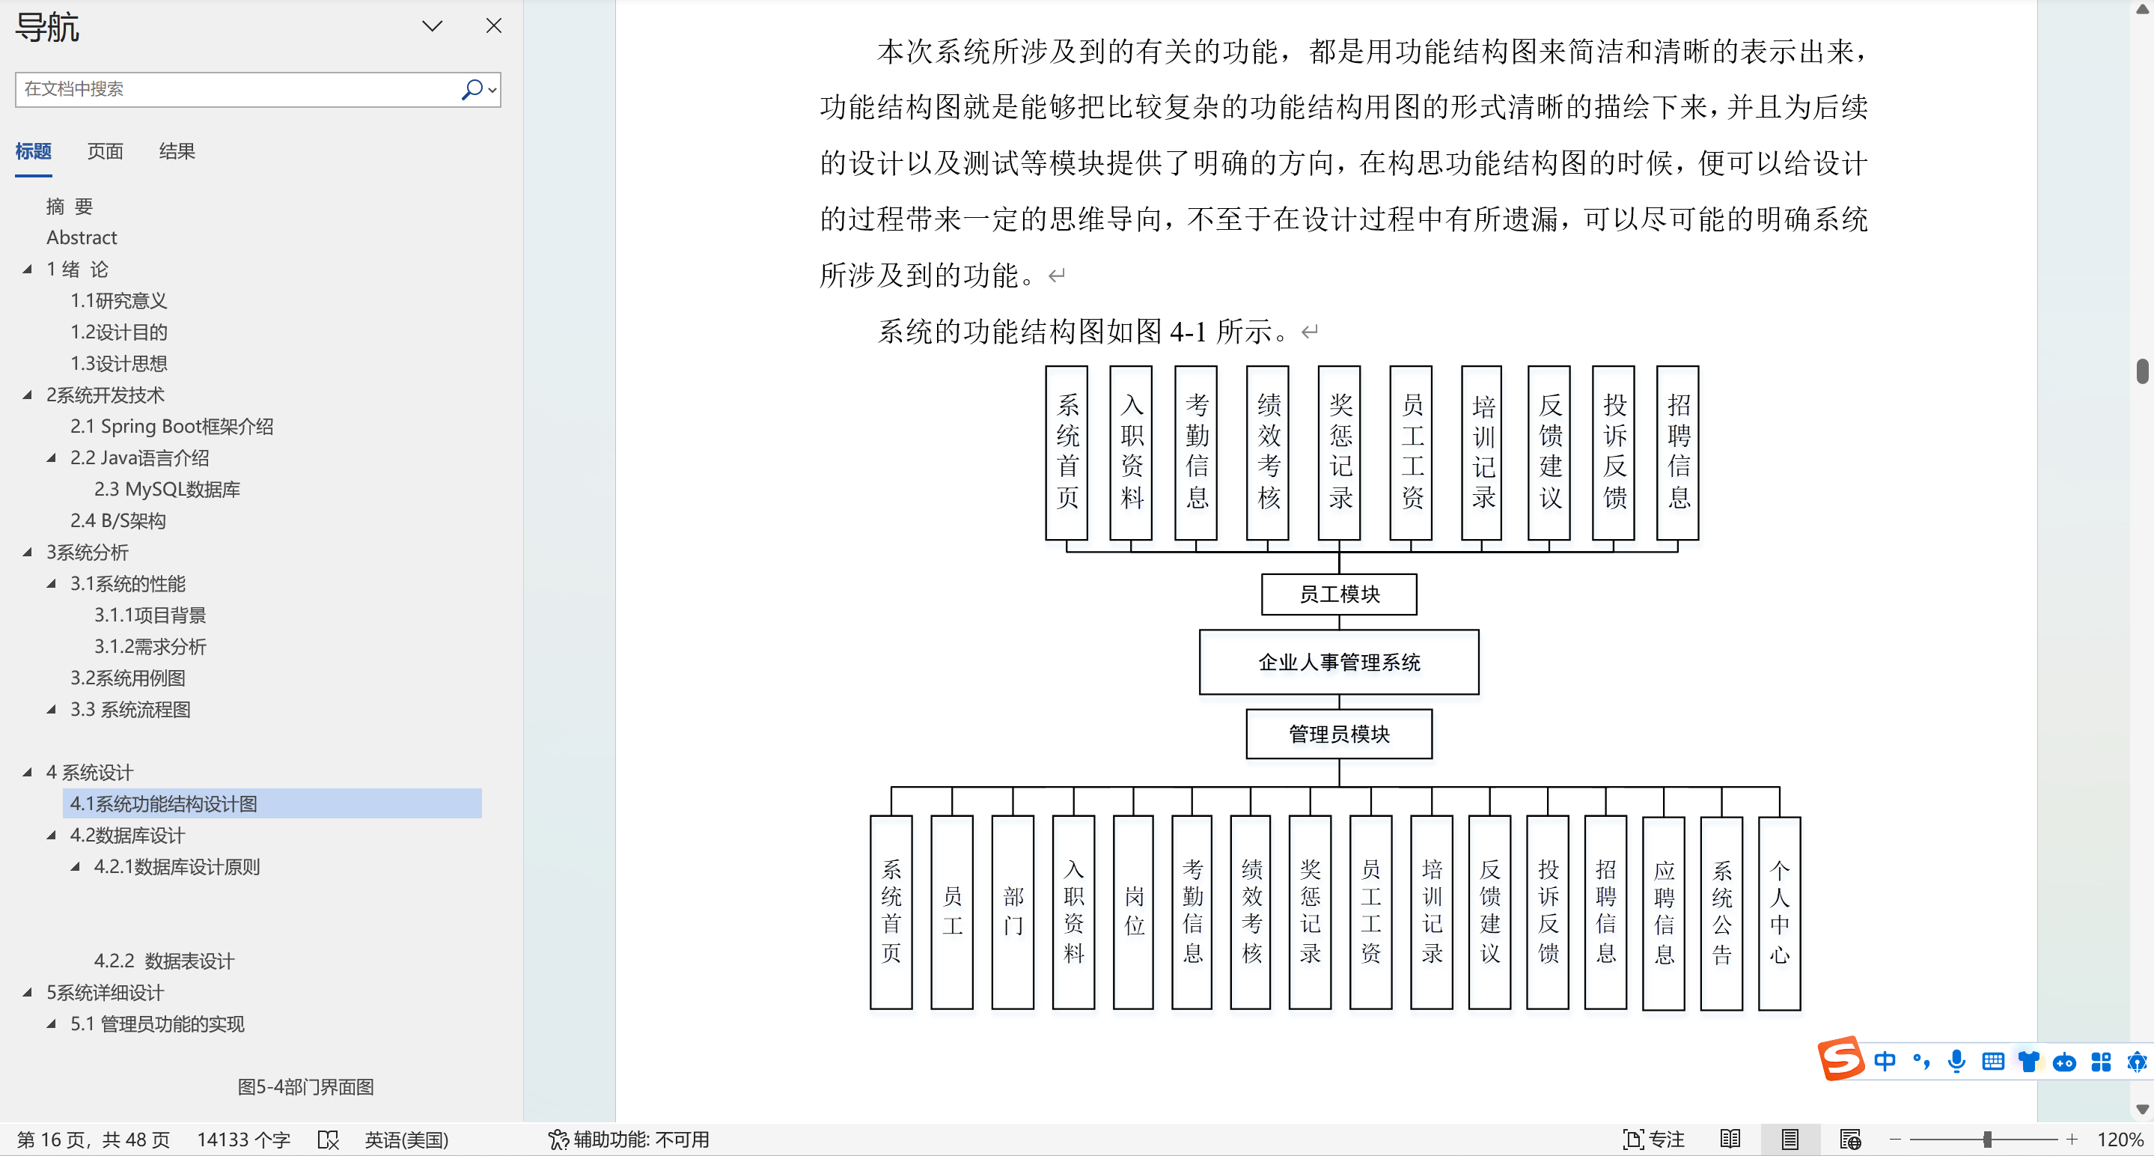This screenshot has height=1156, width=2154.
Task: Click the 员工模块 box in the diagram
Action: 1339,594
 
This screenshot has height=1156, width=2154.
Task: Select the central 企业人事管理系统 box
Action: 1339,662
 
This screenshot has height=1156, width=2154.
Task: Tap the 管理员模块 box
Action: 1339,734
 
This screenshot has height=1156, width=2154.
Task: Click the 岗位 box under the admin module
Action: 1133,912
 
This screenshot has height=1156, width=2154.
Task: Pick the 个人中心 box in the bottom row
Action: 1778,912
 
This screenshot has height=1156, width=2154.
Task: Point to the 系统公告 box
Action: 1721,912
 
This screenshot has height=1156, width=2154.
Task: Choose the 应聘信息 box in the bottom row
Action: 1663,912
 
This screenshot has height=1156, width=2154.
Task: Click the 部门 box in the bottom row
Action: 1013,912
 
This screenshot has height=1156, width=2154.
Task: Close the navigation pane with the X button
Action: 493,26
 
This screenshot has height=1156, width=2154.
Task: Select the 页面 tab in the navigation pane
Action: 106,151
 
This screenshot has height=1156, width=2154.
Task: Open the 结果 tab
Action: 177,151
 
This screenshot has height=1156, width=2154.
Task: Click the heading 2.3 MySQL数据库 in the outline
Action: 166,490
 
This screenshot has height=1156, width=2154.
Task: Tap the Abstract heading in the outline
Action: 82,237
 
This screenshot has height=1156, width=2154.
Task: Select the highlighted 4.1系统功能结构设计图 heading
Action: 164,804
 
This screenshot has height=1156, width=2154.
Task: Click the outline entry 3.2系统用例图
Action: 128,678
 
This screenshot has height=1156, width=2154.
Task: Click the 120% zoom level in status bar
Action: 2119,1140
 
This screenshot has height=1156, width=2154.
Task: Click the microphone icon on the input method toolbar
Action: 1956,1062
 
